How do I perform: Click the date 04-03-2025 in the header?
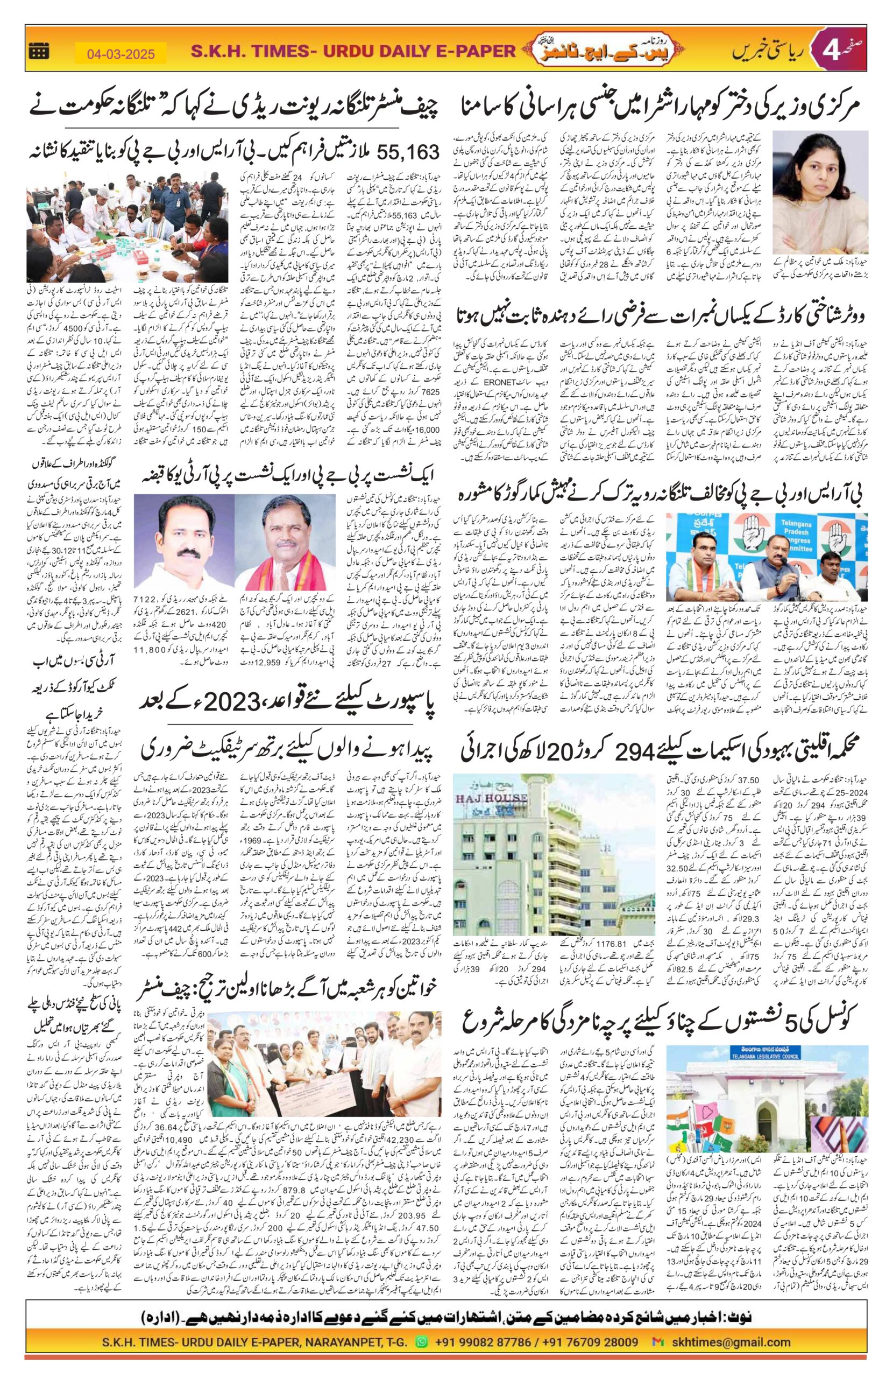(121, 54)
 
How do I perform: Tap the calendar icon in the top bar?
(39, 51)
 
